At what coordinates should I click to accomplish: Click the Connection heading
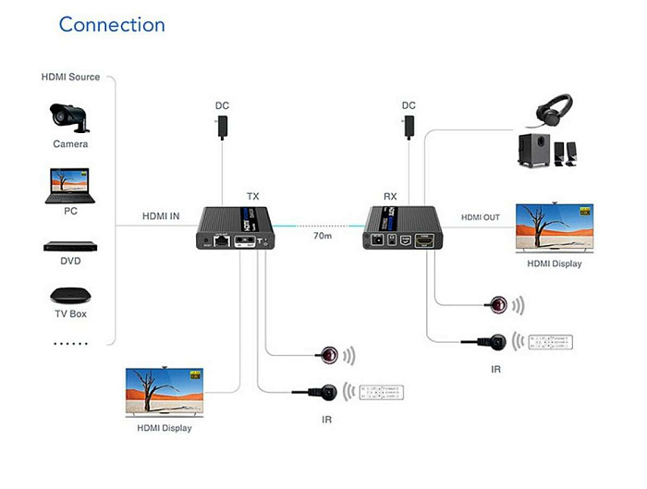coord(112,25)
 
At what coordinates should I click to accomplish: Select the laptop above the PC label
coord(69,186)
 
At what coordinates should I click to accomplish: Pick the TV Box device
coord(70,296)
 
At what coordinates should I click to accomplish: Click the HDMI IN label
coord(160,216)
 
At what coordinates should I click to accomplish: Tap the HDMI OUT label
coord(481,217)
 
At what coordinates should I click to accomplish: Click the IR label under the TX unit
coord(327,420)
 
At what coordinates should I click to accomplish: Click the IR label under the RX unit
coord(496,369)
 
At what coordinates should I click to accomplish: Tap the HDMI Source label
coord(71,77)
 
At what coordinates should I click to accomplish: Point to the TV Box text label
coord(70,314)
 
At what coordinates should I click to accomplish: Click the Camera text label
coord(70,144)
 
